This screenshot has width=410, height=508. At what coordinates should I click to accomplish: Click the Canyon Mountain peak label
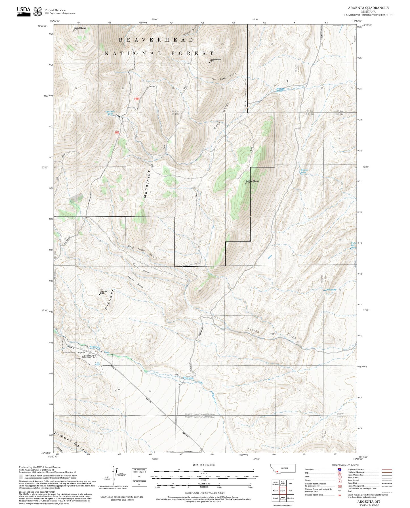[x=215, y=60]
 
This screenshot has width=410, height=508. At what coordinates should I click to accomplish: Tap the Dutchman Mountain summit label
[x=253, y=181]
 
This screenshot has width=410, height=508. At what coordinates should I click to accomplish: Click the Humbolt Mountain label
[x=80, y=28]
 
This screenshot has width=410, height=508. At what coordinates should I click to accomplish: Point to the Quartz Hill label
[x=103, y=292]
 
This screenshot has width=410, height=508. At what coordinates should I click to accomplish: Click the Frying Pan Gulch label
[x=272, y=333]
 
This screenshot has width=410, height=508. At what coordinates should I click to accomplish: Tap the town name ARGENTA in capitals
[x=89, y=357]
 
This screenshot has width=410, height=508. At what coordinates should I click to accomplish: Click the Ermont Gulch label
[x=70, y=441]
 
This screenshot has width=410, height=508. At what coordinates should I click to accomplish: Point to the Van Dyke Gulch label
[x=224, y=77]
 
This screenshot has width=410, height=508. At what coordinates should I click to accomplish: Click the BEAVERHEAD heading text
[x=156, y=40]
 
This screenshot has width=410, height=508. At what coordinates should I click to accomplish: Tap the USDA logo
[x=24, y=11]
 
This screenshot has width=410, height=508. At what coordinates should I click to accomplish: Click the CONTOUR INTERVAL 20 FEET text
[x=205, y=493]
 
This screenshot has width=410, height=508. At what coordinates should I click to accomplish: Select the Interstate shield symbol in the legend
[x=339, y=469]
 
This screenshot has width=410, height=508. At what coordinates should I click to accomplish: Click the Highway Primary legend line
[x=387, y=469]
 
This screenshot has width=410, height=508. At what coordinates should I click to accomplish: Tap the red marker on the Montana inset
[x=277, y=472]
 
